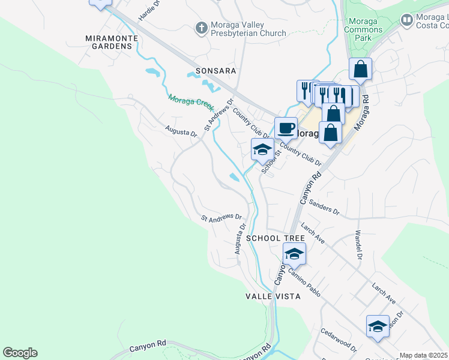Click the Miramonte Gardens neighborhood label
pyautogui.click(x=112, y=42)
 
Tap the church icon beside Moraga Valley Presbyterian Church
pyautogui.click(x=202, y=28)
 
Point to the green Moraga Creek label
pyautogui.click(x=191, y=102)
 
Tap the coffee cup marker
pyautogui.click(x=286, y=127)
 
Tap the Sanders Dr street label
pyautogui.click(x=324, y=208)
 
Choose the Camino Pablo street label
pyautogui.click(x=304, y=281)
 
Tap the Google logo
pyautogui.click(x=20, y=353)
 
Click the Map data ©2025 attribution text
pyautogui.click(x=423, y=355)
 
